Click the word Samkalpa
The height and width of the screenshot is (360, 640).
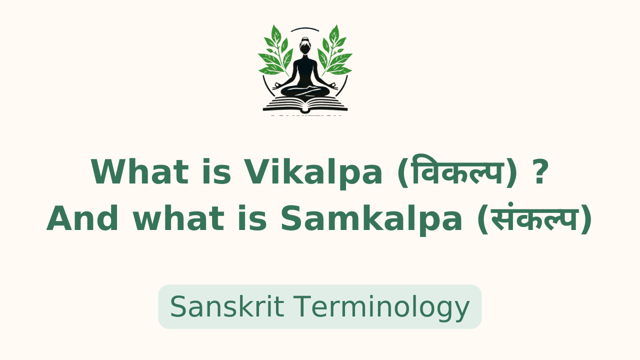[x=371, y=219]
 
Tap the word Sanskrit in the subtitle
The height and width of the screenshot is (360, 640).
[x=227, y=306]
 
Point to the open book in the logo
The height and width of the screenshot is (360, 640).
[x=305, y=104]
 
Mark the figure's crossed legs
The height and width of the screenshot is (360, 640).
[x=305, y=91]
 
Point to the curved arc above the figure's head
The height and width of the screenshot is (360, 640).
[x=305, y=28]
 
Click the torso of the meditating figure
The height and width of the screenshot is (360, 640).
[x=305, y=70]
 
